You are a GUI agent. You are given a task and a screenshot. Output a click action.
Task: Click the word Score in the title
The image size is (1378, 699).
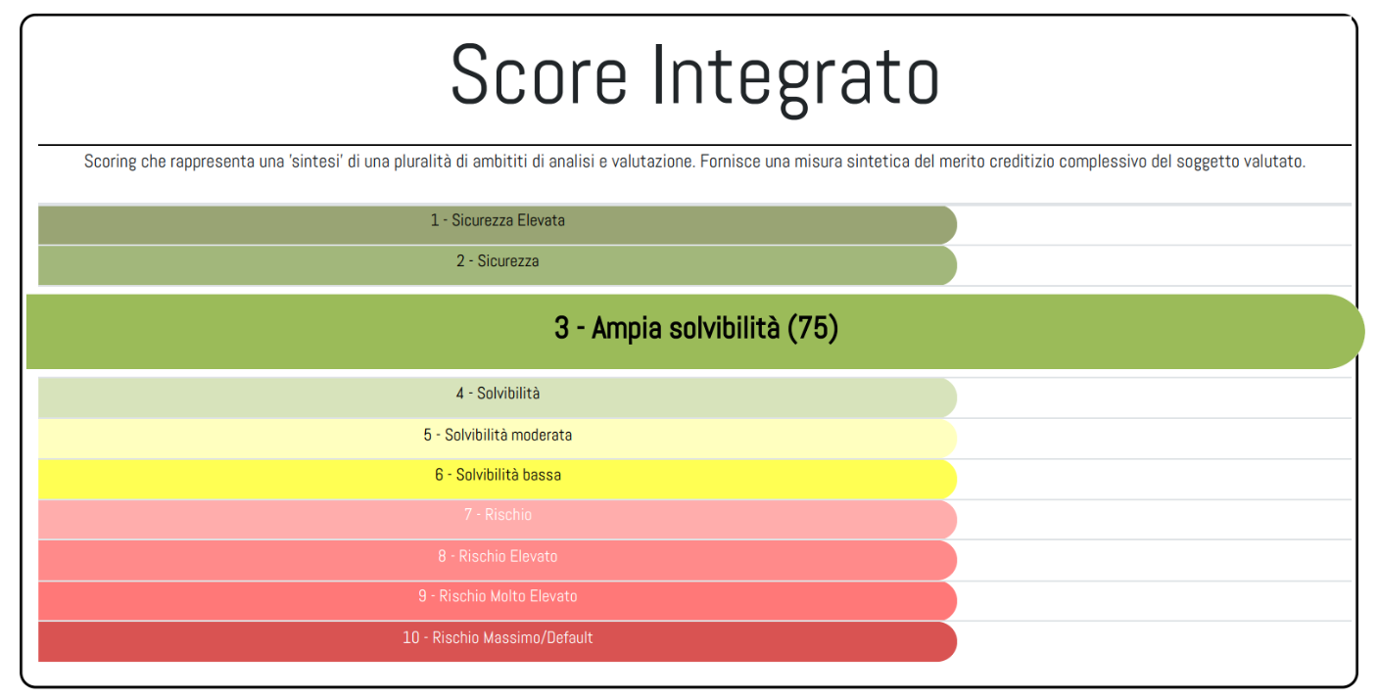tap(538, 75)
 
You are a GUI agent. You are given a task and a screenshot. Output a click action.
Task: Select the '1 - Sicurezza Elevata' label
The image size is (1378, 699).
tap(498, 221)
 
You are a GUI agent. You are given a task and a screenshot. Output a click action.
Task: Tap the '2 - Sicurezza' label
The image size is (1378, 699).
tap(498, 261)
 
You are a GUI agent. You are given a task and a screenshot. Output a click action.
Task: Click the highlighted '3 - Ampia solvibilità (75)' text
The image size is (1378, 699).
tap(695, 329)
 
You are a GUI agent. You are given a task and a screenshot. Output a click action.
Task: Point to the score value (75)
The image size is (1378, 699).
tap(813, 329)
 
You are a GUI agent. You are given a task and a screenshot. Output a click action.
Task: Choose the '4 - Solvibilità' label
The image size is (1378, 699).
tap(498, 394)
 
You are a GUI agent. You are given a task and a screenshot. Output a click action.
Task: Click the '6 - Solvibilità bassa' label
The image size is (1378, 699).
tap(498, 475)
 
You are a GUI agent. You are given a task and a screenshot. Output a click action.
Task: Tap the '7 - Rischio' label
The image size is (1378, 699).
tap(498, 515)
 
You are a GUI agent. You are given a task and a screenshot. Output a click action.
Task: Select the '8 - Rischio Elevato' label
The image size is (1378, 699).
tap(498, 556)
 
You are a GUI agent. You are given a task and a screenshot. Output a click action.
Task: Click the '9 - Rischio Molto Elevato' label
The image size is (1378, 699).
tap(498, 596)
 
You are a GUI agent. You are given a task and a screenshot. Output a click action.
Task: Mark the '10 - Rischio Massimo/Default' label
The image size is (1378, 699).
tap(498, 638)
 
